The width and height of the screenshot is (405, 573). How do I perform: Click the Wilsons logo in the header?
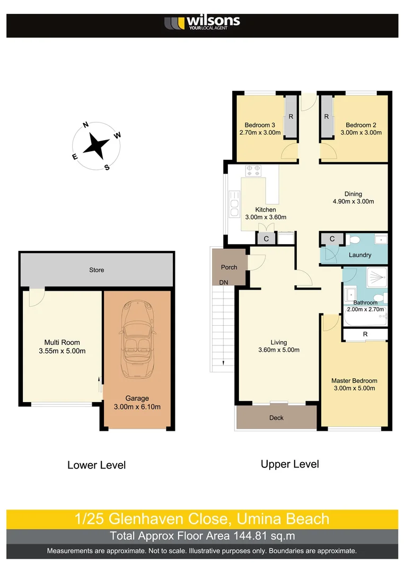pyautogui.click(x=202, y=23)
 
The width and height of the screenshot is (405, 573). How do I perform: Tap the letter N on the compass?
pyautogui.click(x=85, y=125)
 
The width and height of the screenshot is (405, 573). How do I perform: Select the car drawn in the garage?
pyautogui.click(x=137, y=340)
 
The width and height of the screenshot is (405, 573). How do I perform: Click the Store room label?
pyautogui.click(x=96, y=270)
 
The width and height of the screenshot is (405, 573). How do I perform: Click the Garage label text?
pyautogui.click(x=137, y=398)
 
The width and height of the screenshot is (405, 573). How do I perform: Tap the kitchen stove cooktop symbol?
pyautogui.click(x=253, y=170)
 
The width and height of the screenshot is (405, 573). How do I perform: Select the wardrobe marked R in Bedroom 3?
pyautogui.click(x=290, y=117)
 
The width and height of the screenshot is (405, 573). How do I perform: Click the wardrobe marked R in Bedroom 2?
pyautogui.click(x=326, y=117)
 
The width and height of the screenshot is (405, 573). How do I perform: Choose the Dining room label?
pyautogui.click(x=353, y=194)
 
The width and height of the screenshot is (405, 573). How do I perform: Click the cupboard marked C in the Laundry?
pyautogui.click(x=332, y=239)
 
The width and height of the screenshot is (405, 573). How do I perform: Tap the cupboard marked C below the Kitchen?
pyautogui.click(x=266, y=239)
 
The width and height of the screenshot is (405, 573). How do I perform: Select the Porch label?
pyautogui.click(x=229, y=267)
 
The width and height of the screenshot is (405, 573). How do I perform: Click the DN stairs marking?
pyautogui.click(x=224, y=283)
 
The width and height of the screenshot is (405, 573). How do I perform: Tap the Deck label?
pyautogui.click(x=276, y=418)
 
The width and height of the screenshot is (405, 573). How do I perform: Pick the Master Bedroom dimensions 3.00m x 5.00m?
pyautogui.click(x=354, y=388)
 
